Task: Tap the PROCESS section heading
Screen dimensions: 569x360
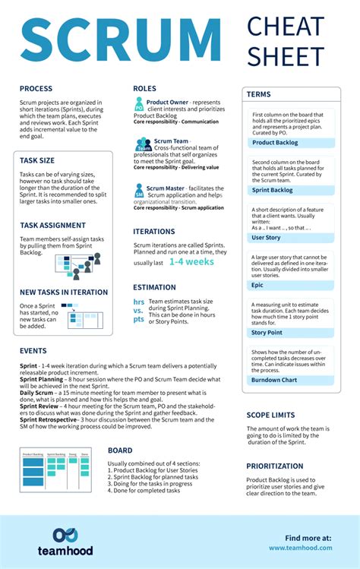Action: (x=36, y=89)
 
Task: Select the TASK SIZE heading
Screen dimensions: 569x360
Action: (x=37, y=160)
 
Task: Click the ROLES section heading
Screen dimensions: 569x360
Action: (x=144, y=89)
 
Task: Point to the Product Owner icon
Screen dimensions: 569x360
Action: (x=139, y=106)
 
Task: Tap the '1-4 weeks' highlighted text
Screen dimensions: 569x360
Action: (x=191, y=261)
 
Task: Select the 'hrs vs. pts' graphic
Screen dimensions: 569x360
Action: (x=138, y=310)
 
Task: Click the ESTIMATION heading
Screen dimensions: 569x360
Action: (x=154, y=288)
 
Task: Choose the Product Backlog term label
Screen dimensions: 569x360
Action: (x=275, y=142)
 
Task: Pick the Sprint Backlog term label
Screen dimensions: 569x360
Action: (x=272, y=190)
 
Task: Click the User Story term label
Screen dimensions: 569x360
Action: (x=266, y=238)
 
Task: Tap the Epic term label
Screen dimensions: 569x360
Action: (x=257, y=285)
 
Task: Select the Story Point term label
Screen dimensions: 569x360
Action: (x=267, y=332)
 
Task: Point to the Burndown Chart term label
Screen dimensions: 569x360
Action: (x=273, y=379)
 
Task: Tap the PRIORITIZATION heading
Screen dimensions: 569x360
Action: (x=275, y=466)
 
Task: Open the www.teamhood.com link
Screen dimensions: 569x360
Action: (x=300, y=547)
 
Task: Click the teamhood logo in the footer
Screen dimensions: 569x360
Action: (x=63, y=541)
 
